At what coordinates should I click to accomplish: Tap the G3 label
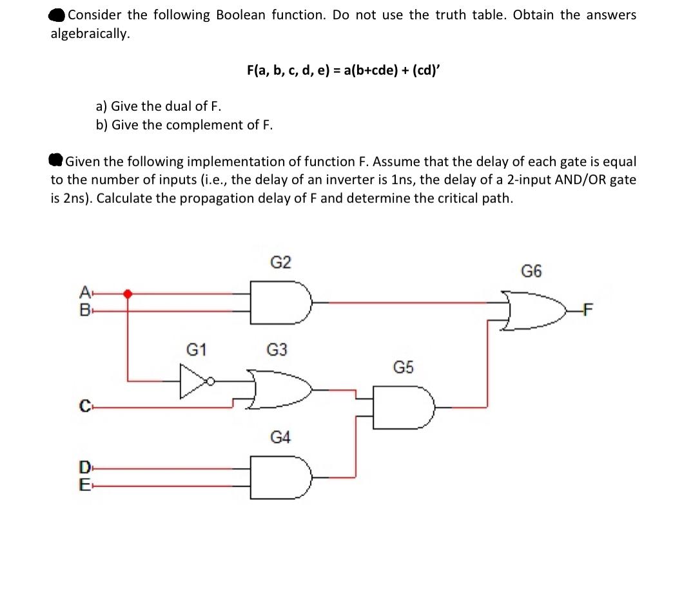[277, 350]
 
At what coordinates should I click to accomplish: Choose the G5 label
[404, 368]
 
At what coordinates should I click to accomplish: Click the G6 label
[531, 271]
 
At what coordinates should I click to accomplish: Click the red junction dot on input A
[128, 294]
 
